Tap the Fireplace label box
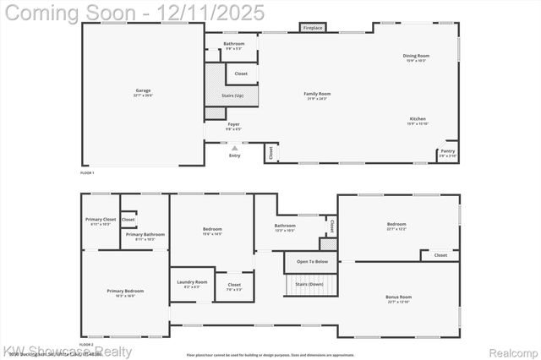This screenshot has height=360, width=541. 313,28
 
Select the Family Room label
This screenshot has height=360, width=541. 317,94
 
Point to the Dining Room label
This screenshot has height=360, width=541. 416,56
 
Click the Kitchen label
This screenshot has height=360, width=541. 418,119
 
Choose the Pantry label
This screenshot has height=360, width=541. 447,152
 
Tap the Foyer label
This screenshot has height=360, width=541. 233,124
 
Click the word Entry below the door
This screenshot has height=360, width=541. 234,155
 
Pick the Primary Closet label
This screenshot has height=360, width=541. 101,220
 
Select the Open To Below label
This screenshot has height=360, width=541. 311,262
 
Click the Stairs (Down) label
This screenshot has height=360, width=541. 309,285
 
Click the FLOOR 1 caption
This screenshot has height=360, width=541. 87,172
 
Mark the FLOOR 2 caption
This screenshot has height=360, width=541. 87,345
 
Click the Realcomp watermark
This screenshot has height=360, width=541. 511,352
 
